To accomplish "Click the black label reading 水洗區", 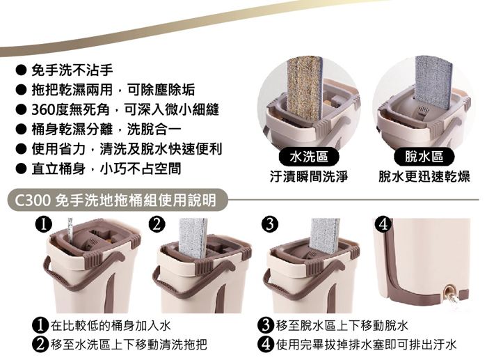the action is coord(308,157).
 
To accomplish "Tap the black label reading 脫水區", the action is coord(424,157).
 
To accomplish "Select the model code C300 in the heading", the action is coord(32,200).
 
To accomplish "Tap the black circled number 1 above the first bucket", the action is coord(43,224).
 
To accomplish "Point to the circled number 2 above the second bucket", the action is coord(157,224).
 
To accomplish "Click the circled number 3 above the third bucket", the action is coord(269,224).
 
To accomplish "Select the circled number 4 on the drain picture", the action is coord(384,224).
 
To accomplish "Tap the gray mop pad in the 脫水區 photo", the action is coord(433,82).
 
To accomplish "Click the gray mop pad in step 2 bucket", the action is coord(193,238).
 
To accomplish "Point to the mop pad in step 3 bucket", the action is coord(325,235).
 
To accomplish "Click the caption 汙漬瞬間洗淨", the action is coord(308,177).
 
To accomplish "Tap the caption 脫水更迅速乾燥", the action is coord(424,177).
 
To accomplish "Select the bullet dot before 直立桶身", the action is coord(20,169).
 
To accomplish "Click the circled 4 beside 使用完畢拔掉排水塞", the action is coord(266,344).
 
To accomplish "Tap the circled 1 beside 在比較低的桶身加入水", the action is coord(40,325).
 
